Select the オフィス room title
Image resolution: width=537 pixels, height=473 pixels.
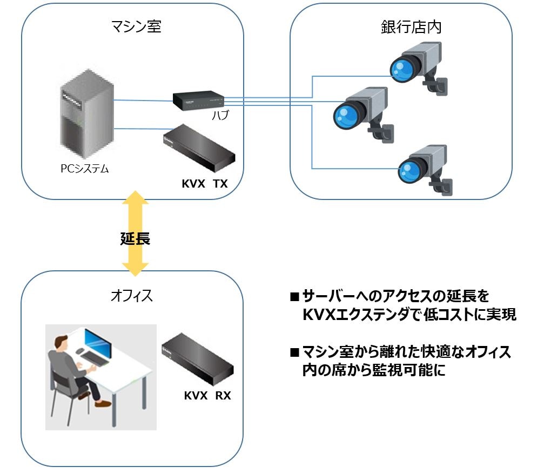[131, 296]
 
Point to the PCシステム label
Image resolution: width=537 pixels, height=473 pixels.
[84, 169]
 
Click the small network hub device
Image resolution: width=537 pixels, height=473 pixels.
[198, 100]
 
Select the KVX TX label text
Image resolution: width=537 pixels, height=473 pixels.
[205, 184]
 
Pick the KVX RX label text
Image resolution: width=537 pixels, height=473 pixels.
[207, 395]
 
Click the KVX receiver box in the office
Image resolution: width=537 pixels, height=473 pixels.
[198, 357]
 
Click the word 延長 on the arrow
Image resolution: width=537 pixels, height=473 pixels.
[135, 238]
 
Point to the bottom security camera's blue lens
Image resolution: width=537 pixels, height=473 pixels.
[407, 172]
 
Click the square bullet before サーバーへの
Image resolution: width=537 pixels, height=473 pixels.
[294, 296]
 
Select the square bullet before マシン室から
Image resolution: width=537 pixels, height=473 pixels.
[294, 352]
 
